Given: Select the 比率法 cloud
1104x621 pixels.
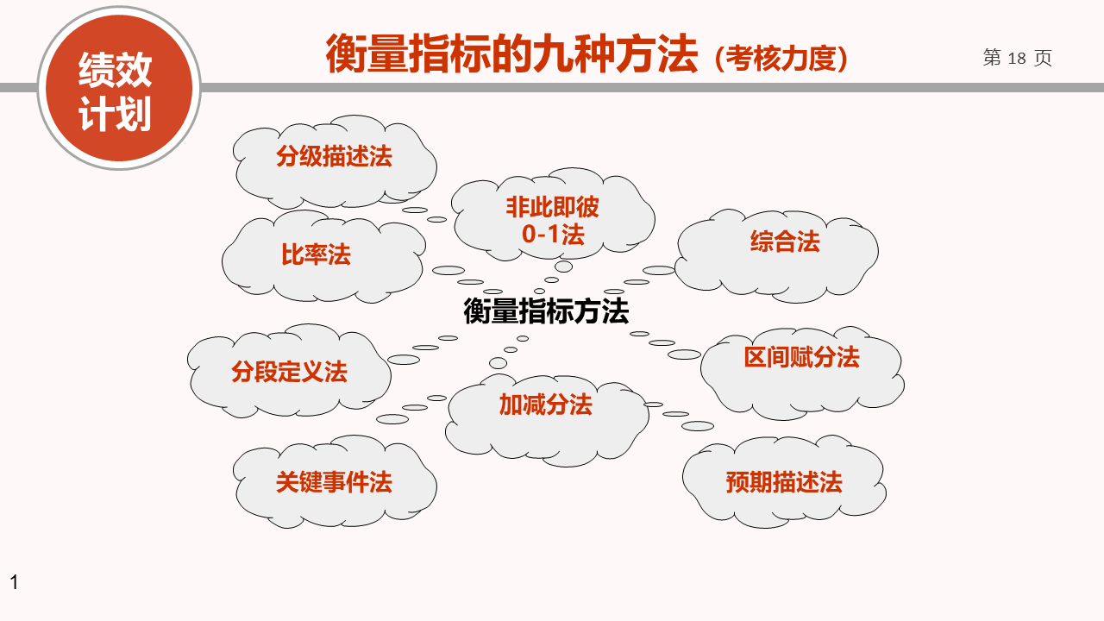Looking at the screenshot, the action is (x=323, y=256).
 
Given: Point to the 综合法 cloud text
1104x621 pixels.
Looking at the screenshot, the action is (x=785, y=241).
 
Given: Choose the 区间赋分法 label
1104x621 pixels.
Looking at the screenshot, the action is (x=801, y=357).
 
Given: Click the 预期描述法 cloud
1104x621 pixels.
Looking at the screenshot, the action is (x=784, y=481).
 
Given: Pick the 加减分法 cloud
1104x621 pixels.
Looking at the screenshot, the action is (x=547, y=420).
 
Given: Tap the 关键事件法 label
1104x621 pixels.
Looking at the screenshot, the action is (x=334, y=481).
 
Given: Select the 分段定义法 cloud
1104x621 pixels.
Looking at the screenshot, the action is (x=289, y=371).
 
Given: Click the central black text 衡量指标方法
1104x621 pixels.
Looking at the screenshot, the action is (x=546, y=311).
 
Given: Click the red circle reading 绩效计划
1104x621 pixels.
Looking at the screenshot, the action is (x=119, y=88).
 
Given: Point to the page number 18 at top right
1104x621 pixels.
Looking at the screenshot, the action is (x=1017, y=58).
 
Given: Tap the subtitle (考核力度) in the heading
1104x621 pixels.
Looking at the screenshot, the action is (x=781, y=59).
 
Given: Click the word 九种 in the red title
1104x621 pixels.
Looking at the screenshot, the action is (x=574, y=53).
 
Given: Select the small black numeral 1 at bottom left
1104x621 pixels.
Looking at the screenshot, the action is (x=15, y=582).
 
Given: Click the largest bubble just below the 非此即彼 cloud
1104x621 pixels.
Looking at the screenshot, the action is (x=563, y=267).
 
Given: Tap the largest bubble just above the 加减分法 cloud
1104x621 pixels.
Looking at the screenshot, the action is (x=498, y=363).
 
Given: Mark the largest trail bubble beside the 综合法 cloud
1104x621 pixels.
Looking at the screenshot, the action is (x=658, y=270).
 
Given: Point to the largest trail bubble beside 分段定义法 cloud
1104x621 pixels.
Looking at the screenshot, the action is (x=404, y=360).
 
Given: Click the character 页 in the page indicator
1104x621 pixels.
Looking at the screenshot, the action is (x=1043, y=58).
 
